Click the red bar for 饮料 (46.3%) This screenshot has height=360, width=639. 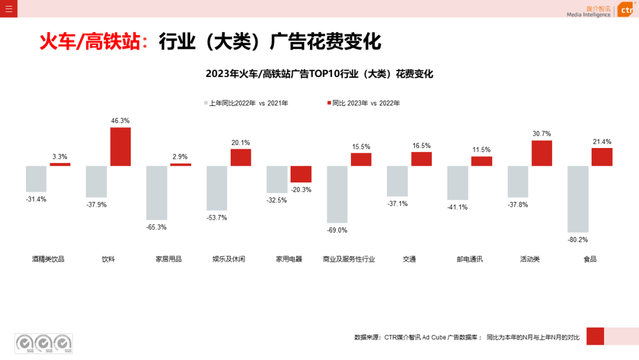[x=121, y=146]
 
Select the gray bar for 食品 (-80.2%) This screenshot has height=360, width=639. [x=578, y=199]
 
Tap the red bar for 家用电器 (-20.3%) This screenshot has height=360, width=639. [x=301, y=174]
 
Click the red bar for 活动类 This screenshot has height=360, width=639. [x=541, y=153]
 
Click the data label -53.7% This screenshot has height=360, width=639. [x=217, y=218]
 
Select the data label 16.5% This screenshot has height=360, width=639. [x=421, y=146]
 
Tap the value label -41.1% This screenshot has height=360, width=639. [x=457, y=207]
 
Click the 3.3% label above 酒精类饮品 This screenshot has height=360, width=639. [x=60, y=157]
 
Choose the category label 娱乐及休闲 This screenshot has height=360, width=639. [x=228, y=259]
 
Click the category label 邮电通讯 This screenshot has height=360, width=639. [x=470, y=259]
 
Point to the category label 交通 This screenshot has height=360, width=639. [x=409, y=259]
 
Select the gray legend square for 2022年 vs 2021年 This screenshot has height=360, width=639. [x=205, y=103]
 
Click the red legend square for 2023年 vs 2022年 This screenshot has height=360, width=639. [x=329, y=103]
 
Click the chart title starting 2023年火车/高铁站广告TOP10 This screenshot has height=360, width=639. [x=319, y=74]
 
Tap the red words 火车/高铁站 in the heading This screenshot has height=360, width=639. [x=89, y=42]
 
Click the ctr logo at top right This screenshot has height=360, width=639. [x=625, y=9]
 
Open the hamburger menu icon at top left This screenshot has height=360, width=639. [x=8, y=8]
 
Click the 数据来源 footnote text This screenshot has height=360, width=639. [x=467, y=337]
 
